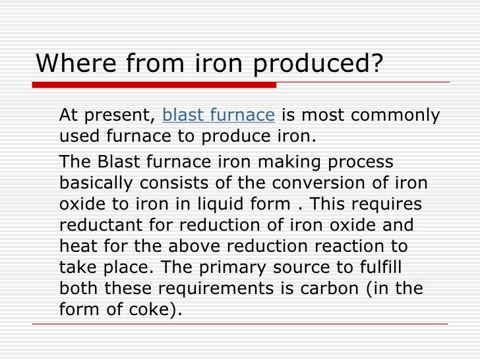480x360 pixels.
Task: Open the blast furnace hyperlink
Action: coord(218,115)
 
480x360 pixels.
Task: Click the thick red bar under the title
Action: coord(154,85)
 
